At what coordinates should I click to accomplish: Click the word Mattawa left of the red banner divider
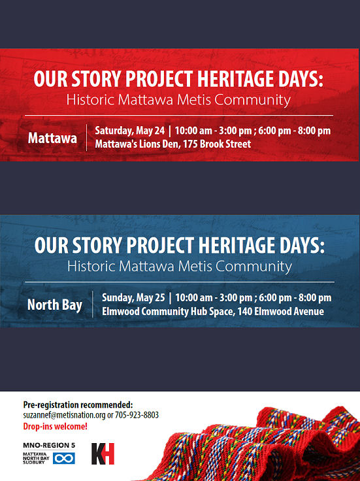click(52, 138)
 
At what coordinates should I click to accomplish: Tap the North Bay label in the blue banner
click(55, 305)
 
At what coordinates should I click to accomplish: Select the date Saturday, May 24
click(130, 131)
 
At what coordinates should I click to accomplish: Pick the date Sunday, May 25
click(133, 298)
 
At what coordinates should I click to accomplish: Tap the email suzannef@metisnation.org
click(65, 415)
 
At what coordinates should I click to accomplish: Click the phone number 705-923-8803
click(137, 415)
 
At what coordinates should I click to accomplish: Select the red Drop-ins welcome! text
click(55, 426)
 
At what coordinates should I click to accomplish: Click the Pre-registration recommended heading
click(78, 405)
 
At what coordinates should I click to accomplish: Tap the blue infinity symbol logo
click(64, 459)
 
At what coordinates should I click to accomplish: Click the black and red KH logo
click(103, 454)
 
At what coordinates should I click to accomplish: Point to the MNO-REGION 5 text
click(49, 445)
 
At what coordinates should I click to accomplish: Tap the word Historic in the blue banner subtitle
click(91, 266)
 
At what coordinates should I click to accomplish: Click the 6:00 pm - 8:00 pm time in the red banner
click(295, 131)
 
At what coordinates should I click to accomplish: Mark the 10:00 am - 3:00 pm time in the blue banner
click(214, 298)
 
